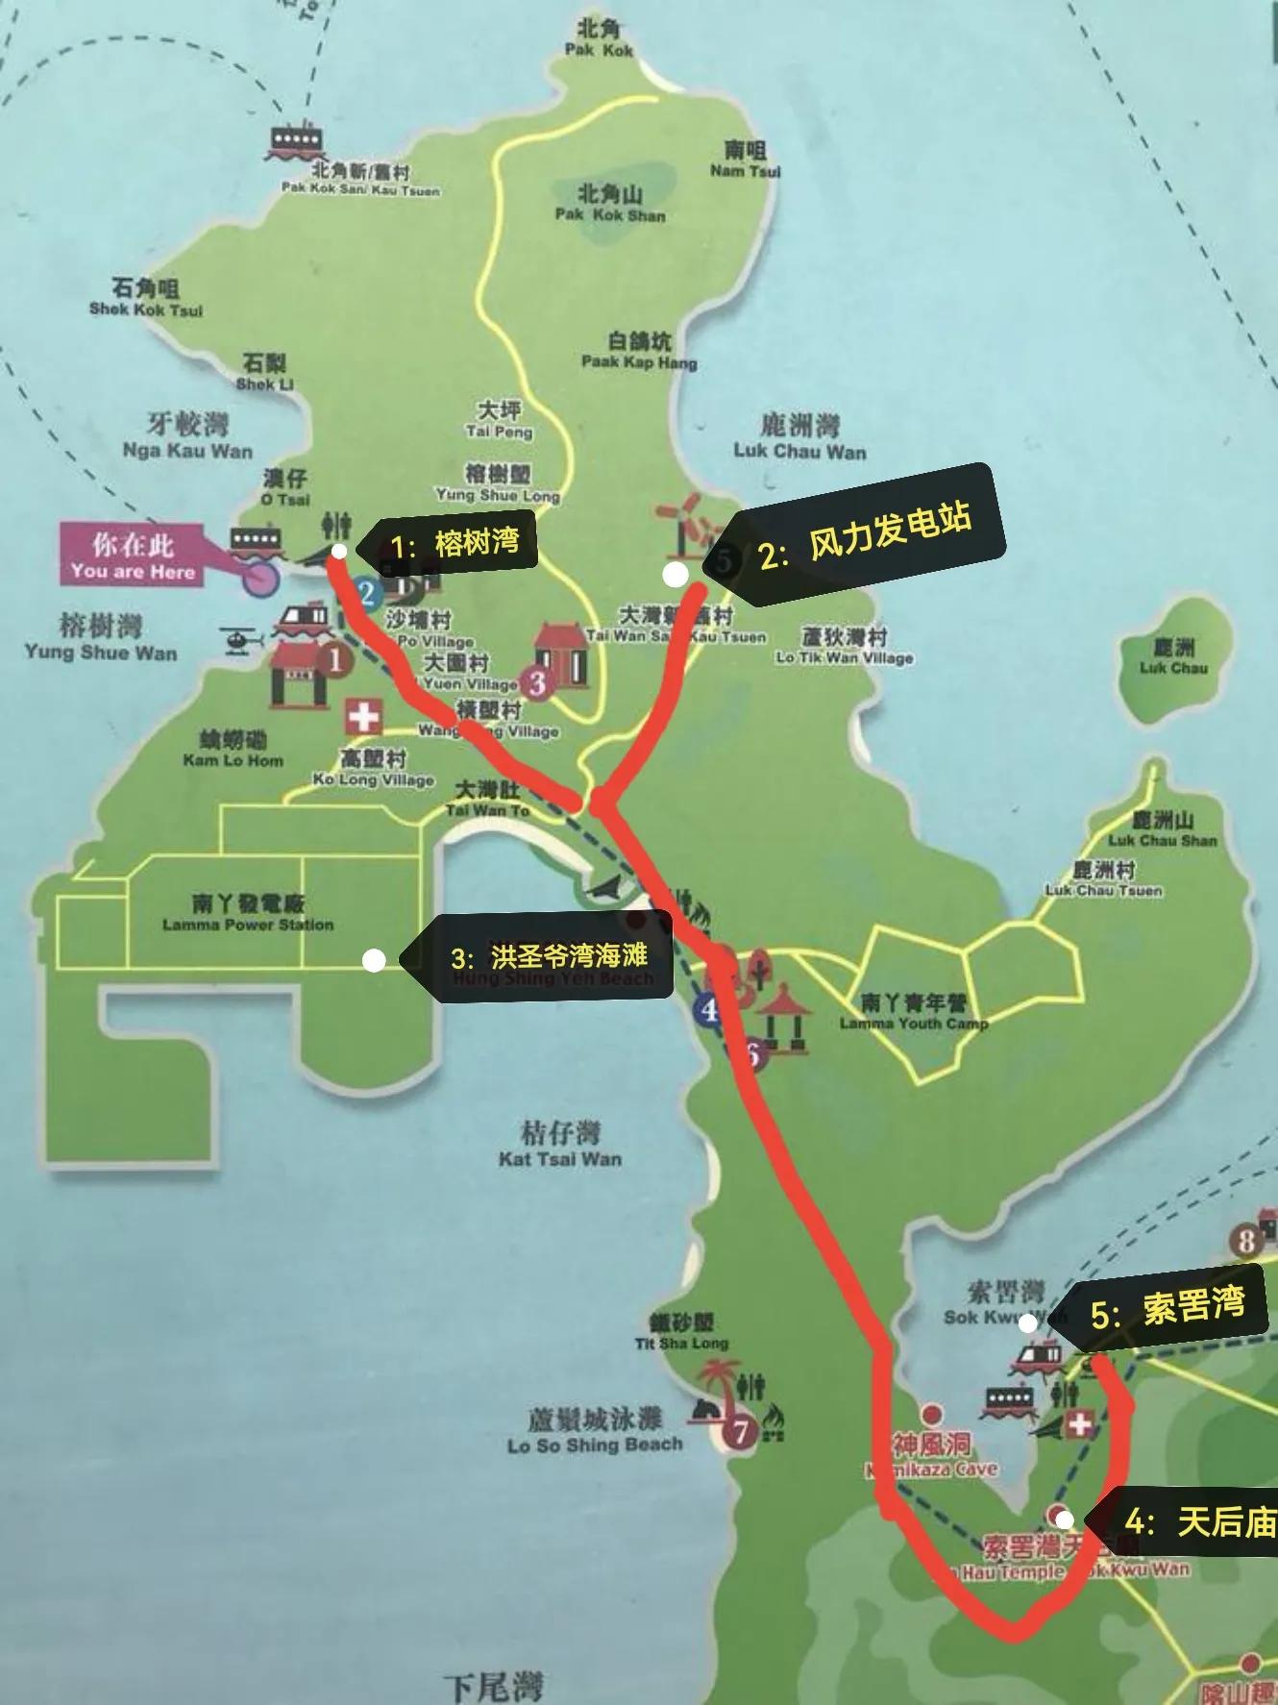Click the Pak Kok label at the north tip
tap(600, 38)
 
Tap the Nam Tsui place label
tap(745, 160)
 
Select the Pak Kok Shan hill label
tap(610, 203)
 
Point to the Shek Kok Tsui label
tap(146, 298)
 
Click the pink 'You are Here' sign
tap(134, 556)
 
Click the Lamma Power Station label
tap(248, 913)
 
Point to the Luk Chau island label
tap(1173, 657)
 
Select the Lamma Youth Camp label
tap(914, 1012)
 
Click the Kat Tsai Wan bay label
tap(560, 1144)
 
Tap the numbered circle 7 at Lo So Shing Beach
tap(740, 1432)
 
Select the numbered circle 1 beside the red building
tap(335, 660)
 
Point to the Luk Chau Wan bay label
tap(799, 437)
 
